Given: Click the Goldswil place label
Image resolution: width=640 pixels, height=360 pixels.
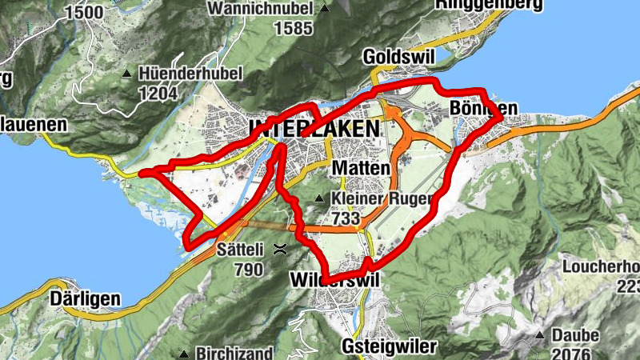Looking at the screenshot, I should click(x=391, y=57).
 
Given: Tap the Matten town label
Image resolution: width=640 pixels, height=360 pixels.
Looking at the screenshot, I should click(x=360, y=169).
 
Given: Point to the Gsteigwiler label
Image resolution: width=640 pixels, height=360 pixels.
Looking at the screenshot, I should click(x=389, y=346).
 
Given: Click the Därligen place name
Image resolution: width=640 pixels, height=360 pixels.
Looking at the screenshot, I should click(x=86, y=299).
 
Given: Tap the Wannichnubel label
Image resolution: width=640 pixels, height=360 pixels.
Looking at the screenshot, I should click(x=259, y=9).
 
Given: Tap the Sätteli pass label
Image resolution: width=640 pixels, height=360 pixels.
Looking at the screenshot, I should click(x=239, y=250).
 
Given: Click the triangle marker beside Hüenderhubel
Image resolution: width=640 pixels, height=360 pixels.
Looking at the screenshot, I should click(x=127, y=74).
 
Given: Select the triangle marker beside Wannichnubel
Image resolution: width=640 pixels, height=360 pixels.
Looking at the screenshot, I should click(x=324, y=10).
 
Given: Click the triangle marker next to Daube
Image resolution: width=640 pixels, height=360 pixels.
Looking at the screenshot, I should click(x=542, y=335).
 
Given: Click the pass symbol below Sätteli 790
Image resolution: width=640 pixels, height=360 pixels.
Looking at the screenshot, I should click(x=280, y=249).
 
